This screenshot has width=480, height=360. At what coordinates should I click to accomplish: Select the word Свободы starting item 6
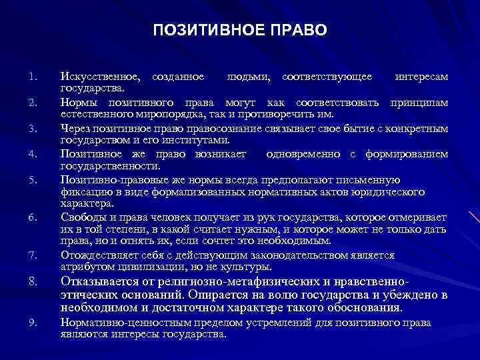point(81,217)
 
